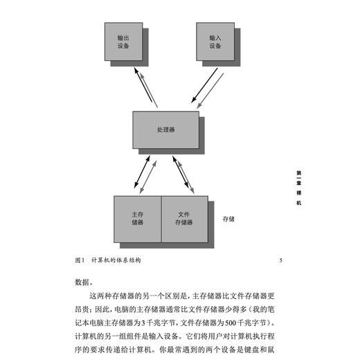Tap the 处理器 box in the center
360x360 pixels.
[166, 130]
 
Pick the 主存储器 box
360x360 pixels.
[137, 219]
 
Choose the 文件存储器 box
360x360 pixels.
[183, 219]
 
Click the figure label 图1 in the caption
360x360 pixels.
[78, 261]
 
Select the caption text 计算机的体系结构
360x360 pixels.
[118, 261]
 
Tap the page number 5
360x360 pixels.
[280, 261]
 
